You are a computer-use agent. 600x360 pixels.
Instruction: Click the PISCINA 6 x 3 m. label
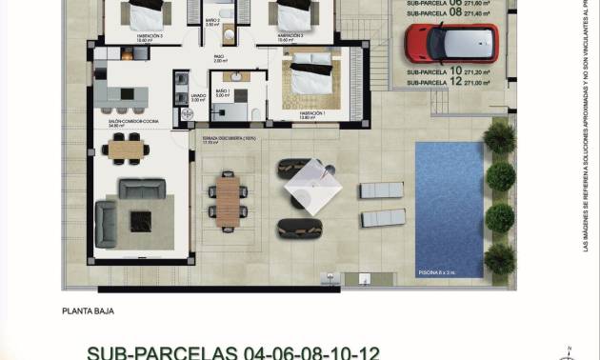tap(438, 271)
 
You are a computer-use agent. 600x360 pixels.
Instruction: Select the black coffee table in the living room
tap(140, 222)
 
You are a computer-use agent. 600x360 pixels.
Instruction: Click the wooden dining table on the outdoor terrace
tap(228, 201)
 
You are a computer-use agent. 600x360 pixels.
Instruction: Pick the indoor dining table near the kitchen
tap(125, 148)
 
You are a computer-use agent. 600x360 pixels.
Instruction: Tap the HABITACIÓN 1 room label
tap(311, 113)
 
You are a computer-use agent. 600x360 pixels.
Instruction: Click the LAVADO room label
tap(198, 96)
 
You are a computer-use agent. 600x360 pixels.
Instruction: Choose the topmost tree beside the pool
tap(499, 139)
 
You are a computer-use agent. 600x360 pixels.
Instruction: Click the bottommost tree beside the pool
tap(499, 258)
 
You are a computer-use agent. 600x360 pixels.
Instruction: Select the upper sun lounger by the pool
tap(382, 190)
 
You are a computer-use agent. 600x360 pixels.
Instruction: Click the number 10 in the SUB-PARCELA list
tap(456, 71)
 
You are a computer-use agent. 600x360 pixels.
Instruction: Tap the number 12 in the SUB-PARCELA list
tap(456, 83)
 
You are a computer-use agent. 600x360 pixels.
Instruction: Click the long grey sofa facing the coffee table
tap(142, 189)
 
